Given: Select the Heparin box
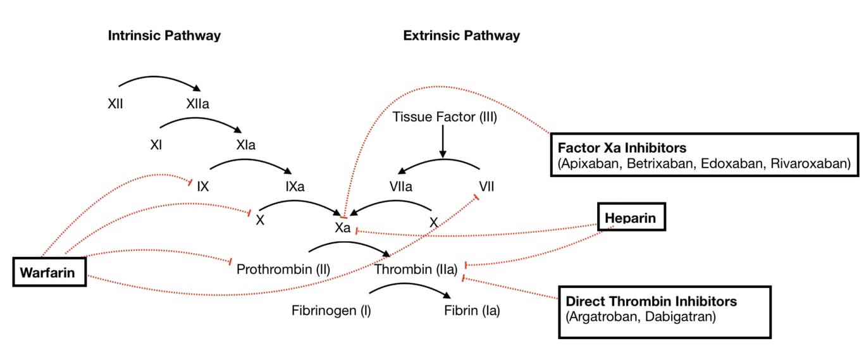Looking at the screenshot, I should coord(631,219).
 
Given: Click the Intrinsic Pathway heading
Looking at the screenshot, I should coord(164,35).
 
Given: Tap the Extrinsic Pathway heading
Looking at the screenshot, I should coord(461,35).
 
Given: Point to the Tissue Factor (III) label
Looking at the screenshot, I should coord(443,116).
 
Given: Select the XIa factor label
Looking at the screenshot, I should coord(245,145).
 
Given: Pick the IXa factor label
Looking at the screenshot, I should coord(295,187).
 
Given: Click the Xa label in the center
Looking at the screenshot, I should coord(342,228).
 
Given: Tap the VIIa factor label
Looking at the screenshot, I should coord(400,187).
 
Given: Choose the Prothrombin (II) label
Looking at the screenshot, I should coord(283,270).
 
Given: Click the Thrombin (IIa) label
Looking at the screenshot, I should coord(416,270).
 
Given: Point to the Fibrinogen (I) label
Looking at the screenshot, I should coord(331,311).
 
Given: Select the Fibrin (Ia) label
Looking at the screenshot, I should coord(472,311).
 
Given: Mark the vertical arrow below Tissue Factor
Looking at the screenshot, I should coord(443,142).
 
